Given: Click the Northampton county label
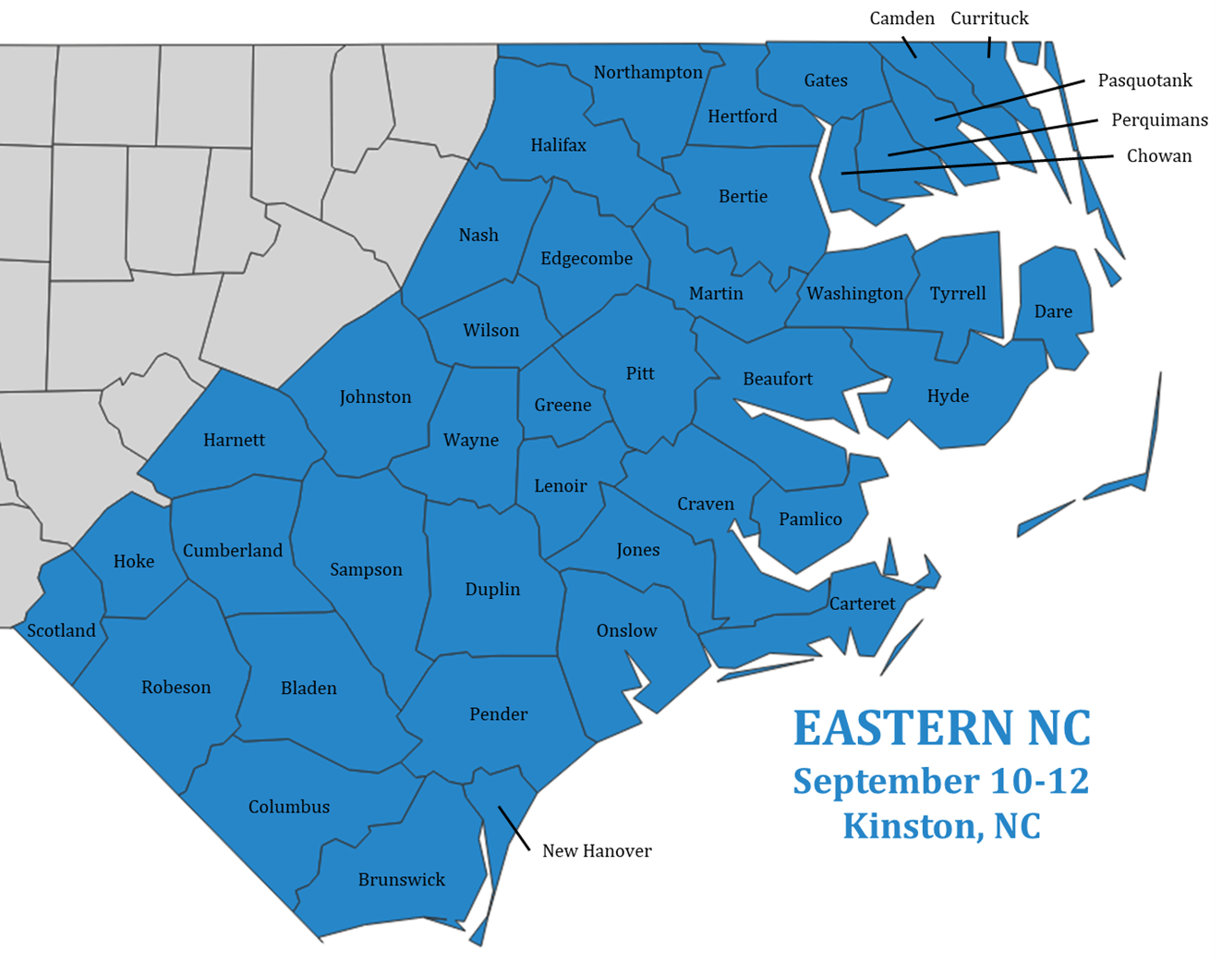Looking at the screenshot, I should click(x=647, y=72).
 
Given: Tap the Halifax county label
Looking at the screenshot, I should click(x=558, y=145).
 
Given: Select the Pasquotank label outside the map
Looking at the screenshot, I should click(x=1144, y=80).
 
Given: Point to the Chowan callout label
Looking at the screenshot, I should click(x=1158, y=156).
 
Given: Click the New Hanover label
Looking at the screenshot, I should click(x=597, y=851).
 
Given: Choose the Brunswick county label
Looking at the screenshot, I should click(x=401, y=880).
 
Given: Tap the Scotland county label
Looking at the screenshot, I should click(x=61, y=631).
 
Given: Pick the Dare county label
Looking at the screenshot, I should click(x=1053, y=311).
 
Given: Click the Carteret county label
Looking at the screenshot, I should click(x=862, y=604).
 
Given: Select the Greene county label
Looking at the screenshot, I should click(x=563, y=405).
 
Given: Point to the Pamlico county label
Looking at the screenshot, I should click(x=810, y=519).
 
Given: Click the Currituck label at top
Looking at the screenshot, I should click(x=989, y=18).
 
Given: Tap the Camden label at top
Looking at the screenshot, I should click(x=901, y=18).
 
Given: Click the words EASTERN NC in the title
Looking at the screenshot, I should click(x=941, y=728).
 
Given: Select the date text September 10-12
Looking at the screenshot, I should click(x=940, y=781).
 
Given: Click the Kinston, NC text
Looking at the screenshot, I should click(x=940, y=825).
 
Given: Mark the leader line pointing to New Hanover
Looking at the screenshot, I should click(x=514, y=828).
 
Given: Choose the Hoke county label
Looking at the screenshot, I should click(x=134, y=562).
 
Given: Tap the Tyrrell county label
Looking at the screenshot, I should click(x=958, y=294).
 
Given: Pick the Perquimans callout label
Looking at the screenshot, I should click(x=1158, y=120).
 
